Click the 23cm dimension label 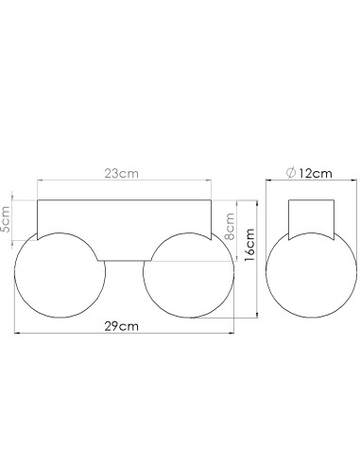(121, 173)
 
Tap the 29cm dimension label (121, 326)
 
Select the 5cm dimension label (6, 219)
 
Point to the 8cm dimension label (230, 226)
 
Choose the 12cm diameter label (316, 173)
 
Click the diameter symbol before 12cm (291, 173)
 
